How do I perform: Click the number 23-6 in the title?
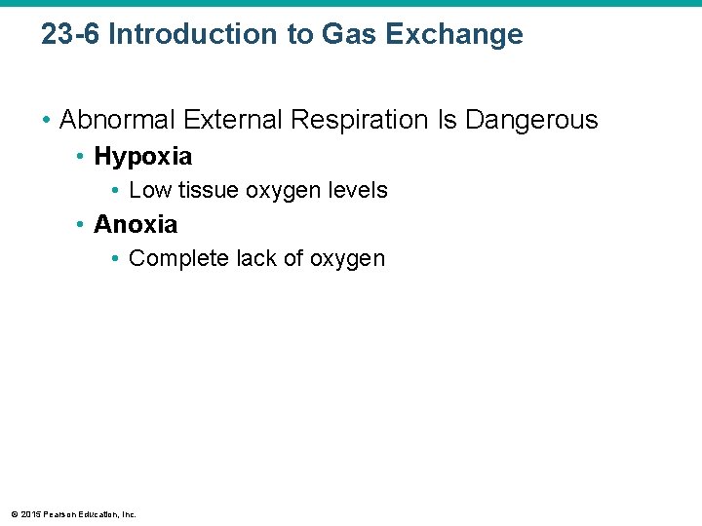[71, 35]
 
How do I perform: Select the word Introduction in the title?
[191, 35]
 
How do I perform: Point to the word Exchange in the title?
[454, 35]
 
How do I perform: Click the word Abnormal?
[116, 120]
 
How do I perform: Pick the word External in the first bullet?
[228, 120]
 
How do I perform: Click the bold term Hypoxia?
[142, 156]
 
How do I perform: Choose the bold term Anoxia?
[136, 224]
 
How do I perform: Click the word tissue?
[209, 190]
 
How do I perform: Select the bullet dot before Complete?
[116, 258]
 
